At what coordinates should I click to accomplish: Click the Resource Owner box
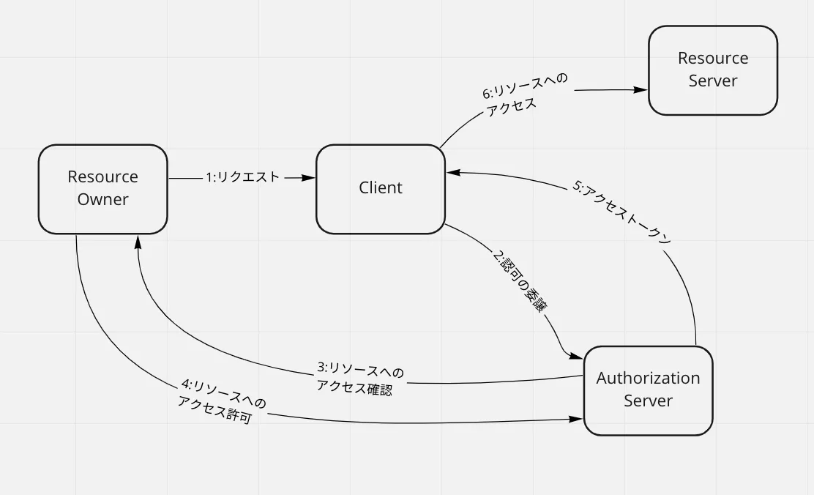[x=102, y=189]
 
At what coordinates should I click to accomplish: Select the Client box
[x=381, y=189]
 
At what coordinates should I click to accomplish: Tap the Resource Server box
[x=712, y=70]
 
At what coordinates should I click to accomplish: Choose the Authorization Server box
[x=648, y=390]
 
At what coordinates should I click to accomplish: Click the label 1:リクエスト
[x=242, y=177]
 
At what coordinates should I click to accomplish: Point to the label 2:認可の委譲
[x=518, y=283]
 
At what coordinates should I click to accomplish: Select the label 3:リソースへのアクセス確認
[x=359, y=379]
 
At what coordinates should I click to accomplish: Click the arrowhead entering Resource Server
[x=641, y=90]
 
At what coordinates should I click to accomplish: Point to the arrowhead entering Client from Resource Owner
[x=309, y=178]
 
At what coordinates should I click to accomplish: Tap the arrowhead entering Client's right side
[x=452, y=173]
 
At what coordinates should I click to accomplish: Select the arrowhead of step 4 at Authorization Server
[x=577, y=420]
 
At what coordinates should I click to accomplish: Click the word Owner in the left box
[x=102, y=199]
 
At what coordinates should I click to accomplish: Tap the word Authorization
[x=648, y=379]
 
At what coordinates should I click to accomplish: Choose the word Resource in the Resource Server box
[x=712, y=59]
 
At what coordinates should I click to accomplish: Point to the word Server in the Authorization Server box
[x=648, y=401]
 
